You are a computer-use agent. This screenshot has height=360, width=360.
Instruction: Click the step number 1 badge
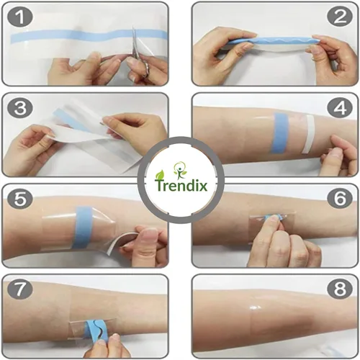tap(20, 17)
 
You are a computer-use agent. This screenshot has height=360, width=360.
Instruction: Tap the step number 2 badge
tap(340, 17)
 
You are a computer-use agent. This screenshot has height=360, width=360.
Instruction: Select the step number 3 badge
tap(20, 108)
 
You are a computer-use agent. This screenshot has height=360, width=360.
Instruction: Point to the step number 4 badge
tap(340, 108)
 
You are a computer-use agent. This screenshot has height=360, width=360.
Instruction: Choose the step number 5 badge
tap(20, 199)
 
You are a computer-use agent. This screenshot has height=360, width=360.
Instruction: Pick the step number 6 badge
tap(340, 199)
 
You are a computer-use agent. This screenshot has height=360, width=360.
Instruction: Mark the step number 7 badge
tap(20, 290)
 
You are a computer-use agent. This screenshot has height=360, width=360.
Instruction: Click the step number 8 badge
tap(340, 290)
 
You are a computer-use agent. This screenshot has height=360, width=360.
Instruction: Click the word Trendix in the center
tap(181, 185)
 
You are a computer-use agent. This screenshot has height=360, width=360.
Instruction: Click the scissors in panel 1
tap(138, 54)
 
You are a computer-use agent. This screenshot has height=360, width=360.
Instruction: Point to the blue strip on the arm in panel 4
tap(281, 133)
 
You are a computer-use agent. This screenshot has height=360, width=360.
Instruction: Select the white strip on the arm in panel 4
tap(308, 134)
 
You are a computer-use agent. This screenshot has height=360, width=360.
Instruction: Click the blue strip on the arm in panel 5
tap(83, 227)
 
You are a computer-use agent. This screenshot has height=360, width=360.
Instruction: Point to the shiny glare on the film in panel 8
tap(254, 307)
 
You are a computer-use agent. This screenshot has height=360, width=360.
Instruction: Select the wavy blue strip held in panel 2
tap(272, 40)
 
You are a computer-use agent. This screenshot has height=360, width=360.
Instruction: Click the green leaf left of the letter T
tap(160, 175)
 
